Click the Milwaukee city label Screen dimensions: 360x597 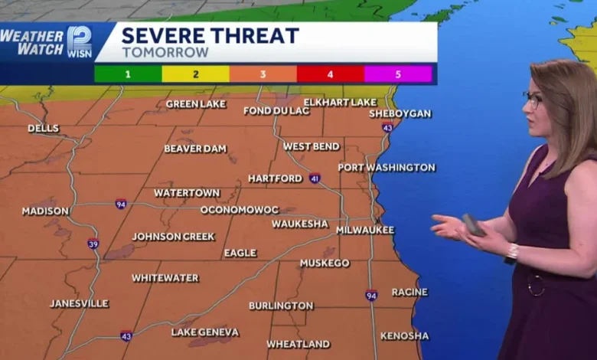365,230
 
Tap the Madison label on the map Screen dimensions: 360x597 45,211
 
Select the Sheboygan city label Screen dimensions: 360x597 400,113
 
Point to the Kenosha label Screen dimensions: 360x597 404,335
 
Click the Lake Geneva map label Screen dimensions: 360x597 204,332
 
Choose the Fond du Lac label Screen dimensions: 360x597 276,110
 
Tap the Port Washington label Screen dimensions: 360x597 387,167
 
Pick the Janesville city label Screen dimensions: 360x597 80,303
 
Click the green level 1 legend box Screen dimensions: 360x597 128,74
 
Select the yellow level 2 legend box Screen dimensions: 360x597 195,74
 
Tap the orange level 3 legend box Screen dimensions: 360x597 263,74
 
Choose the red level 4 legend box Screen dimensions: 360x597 330,74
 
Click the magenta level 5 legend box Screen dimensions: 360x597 398,74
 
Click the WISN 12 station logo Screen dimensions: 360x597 79,42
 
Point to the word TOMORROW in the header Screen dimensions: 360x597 165,53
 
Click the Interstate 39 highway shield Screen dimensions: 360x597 93,244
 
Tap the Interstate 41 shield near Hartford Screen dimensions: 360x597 315,178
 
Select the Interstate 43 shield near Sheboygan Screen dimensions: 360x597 387,127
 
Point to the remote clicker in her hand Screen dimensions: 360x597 473,224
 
